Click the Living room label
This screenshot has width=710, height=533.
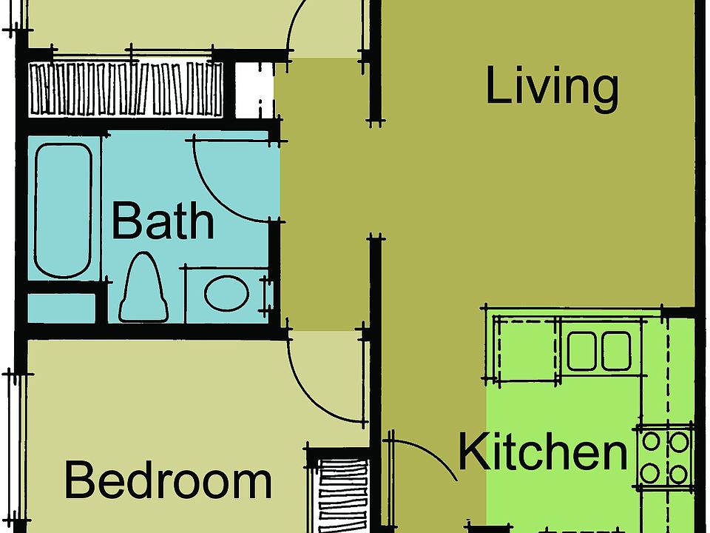click(552, 87)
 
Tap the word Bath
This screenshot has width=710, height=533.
click(163, 221)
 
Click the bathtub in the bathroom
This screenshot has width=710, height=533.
click(63, 210)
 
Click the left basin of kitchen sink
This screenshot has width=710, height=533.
click(581, 351)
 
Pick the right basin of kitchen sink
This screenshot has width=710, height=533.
click(615, 351)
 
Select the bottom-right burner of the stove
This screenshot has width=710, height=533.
click(677, 471)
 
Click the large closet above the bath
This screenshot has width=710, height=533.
click(126, 90)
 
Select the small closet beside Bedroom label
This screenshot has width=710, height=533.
click(342, 492)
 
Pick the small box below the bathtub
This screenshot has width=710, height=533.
click(62, 308)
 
